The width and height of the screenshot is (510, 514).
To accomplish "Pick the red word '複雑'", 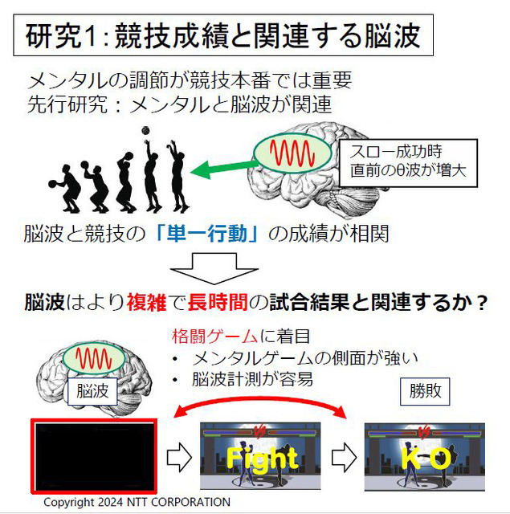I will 147,304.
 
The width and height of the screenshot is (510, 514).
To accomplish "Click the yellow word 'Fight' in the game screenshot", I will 261,459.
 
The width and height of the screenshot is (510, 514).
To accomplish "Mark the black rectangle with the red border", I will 95,455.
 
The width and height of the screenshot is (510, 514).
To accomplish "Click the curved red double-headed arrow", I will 261,406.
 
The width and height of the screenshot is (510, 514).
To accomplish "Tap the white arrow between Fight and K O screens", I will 343,457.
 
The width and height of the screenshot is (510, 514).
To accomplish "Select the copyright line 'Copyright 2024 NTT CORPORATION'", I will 137,502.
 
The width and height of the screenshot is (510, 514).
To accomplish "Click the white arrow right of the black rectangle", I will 178,457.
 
